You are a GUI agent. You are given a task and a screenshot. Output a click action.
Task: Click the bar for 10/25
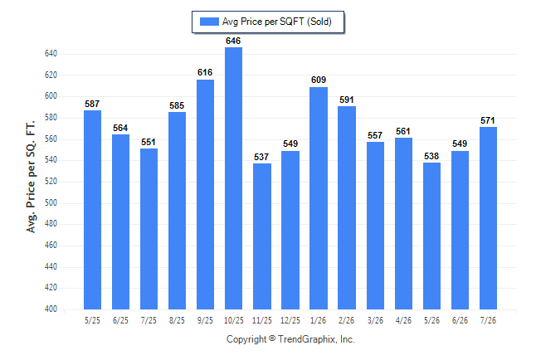click(233, 178)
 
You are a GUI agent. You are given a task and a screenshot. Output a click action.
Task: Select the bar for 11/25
click(262, 236)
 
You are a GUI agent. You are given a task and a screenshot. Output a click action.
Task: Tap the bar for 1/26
click(319, 198)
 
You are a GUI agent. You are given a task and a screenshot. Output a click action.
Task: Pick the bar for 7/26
click(488, 218)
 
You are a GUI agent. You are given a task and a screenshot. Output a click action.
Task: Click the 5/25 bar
click(92, 210)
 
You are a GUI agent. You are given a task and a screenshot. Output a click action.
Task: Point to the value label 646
click(233, 41)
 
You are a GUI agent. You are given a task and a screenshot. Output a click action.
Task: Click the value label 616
click(205, 72)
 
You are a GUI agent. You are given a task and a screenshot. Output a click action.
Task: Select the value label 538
click(431, 156)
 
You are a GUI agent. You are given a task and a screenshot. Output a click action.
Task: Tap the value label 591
click(347, 100)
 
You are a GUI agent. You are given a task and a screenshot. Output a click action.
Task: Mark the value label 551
click(149, 142)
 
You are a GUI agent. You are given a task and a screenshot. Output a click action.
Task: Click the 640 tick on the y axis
click(51, 54)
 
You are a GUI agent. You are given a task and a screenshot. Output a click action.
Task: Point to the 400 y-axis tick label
click(51, 309)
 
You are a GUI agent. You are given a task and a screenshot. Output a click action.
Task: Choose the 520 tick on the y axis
click(51, 181)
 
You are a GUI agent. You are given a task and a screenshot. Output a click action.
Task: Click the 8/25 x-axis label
click(177, 320)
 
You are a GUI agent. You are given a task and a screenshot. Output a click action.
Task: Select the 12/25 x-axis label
click(290, 320)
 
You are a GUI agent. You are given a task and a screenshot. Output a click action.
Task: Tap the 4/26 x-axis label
click(403, 320)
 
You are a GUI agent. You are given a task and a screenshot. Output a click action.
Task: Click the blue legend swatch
click(209, 22)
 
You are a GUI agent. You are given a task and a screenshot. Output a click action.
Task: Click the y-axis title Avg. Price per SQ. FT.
click(31, 177)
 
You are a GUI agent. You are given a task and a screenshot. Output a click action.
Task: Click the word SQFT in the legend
click(291, 22)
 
